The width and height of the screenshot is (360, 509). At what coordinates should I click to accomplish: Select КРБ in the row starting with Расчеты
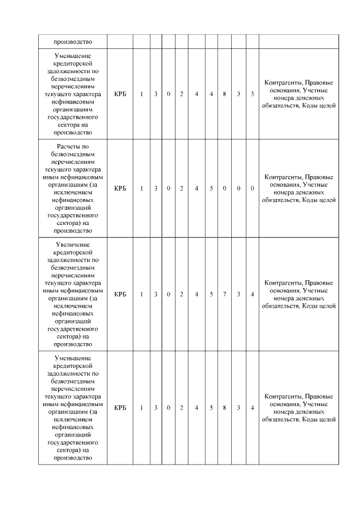click(x=119, y=188)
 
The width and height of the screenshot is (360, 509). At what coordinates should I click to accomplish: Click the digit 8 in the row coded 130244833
click(x=224, y=93)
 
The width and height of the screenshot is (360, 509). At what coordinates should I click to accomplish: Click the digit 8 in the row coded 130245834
click(x=224, y=407)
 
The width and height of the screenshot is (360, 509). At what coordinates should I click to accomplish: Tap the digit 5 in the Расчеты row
click(x=211, y=188)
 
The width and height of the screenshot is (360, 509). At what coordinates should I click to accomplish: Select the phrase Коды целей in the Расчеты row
click(x=319, y=199)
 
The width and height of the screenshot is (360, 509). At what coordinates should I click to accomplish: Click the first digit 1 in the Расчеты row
click(x=141, y=188)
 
